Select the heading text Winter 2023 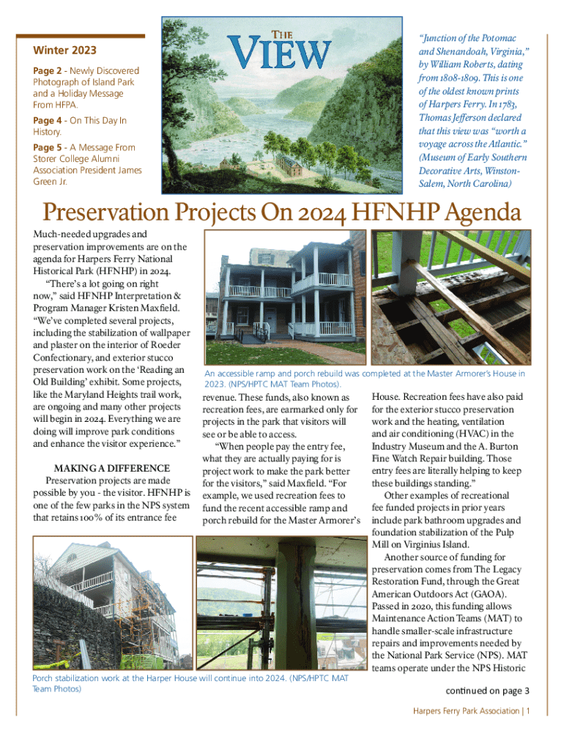[64, 51]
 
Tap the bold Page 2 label [47, 70]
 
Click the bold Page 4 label [47, 120]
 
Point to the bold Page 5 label [47, 147]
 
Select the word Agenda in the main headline [480, 213]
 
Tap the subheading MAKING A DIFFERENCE [112, 468]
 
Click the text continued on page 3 [487, 691]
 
